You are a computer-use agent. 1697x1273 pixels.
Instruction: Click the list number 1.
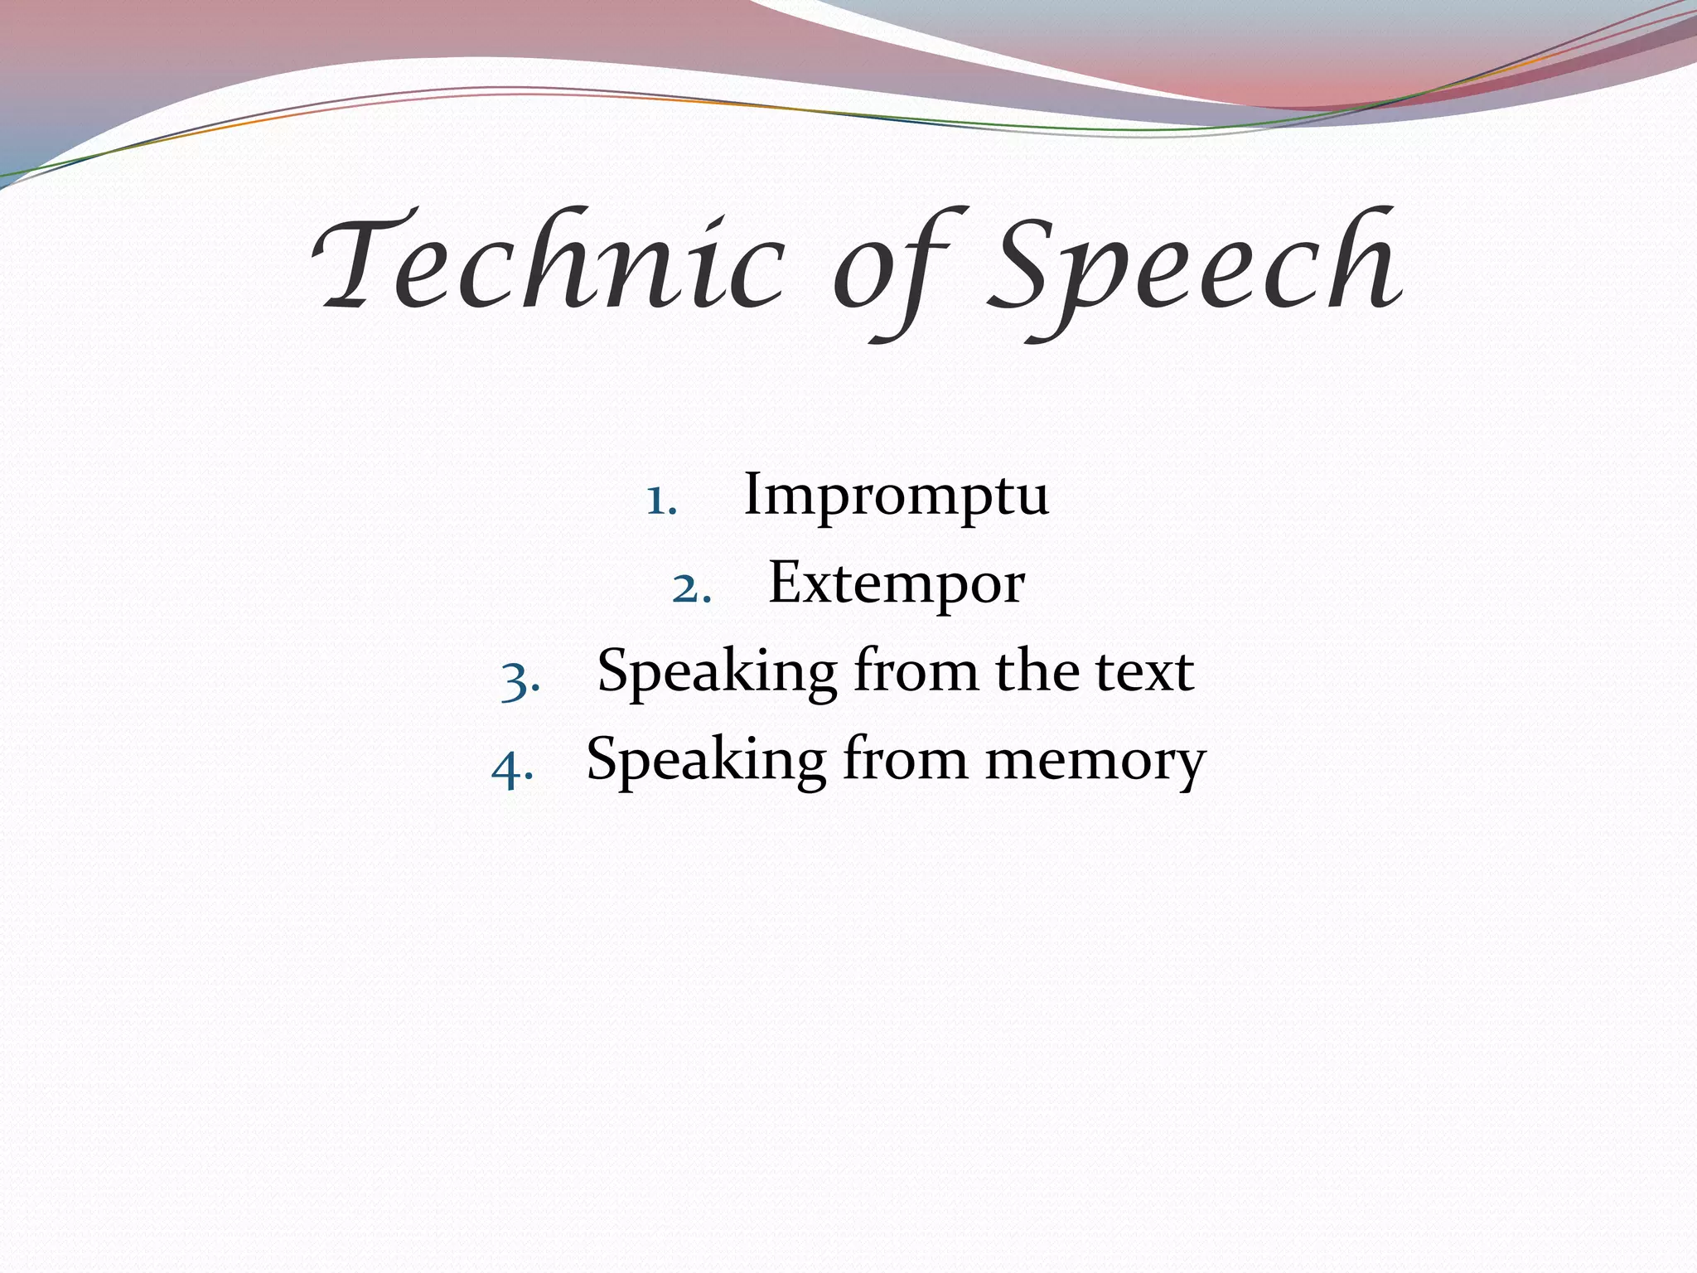tap(661, 500)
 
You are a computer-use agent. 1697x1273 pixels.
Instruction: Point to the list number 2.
tap(691, 588)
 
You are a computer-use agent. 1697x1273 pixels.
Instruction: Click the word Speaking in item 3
tap(717, 673)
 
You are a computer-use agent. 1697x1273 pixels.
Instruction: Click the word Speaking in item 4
tap(705, 761)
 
